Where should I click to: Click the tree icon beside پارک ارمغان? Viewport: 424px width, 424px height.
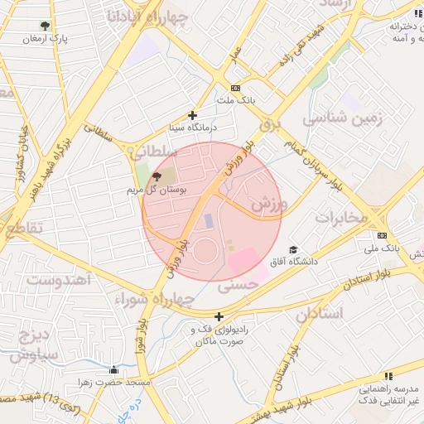click(45, 26)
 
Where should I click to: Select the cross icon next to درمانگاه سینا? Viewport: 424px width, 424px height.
click(193, 116)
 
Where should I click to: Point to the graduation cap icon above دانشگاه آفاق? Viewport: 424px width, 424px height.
click(291, 250)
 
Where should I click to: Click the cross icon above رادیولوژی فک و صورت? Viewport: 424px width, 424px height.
click(219, 316)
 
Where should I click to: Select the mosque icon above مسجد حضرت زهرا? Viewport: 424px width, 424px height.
click(114, 369)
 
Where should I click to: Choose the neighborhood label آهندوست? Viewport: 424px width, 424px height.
click(58, 277)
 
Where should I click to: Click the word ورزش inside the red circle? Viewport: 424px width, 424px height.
click(267, 204)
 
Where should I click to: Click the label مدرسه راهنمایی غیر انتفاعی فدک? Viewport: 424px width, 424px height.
click(385, 394)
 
